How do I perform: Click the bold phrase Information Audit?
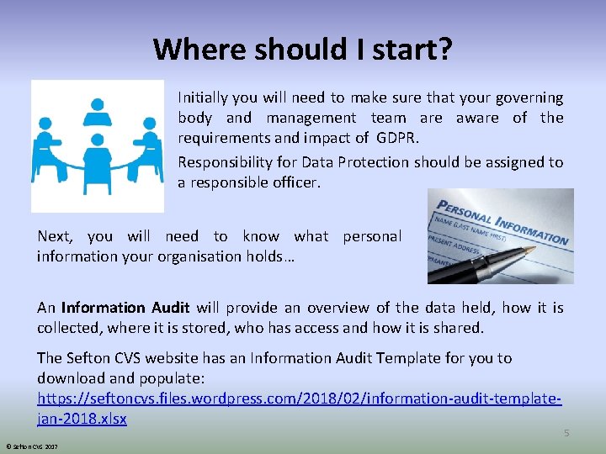[125, 308]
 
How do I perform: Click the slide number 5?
[566, 433]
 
